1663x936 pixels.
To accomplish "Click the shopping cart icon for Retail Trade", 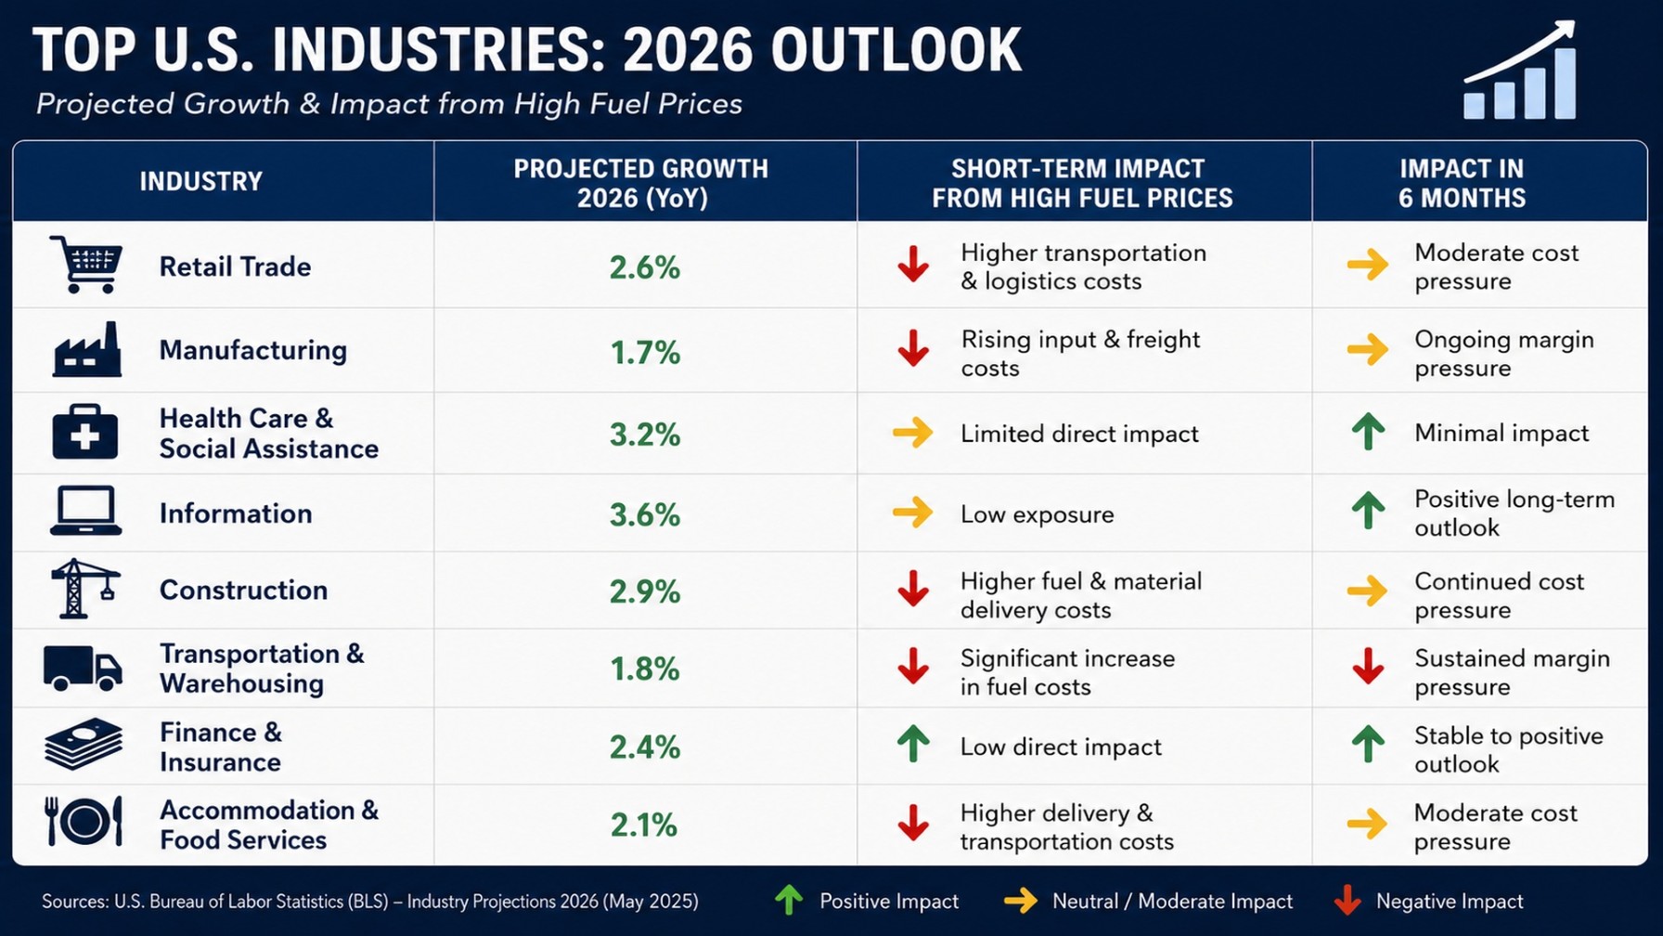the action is click(x=86, y=265).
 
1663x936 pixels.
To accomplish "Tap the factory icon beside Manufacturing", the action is click(x=87, y=349).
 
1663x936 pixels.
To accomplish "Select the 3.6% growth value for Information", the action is click(x=645, y=514).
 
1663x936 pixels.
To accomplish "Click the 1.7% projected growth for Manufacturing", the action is click(x=645, y=353).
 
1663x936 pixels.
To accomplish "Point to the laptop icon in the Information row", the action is click(x=85, y=511).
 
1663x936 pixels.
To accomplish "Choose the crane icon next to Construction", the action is click(x=85, y=589).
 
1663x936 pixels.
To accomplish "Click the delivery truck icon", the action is click(x=83, y=668).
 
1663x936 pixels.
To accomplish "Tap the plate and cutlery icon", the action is click(x=84, y=821).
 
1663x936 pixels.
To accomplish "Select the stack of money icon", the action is click(x=84, y=744).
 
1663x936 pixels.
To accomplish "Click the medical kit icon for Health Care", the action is click(x=85, y=432).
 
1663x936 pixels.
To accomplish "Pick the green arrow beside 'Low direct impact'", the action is click(x=913, y=744).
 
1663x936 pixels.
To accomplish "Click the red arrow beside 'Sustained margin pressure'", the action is click(x=1368, y=666).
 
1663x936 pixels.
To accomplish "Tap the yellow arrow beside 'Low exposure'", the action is click(x=913, y=512).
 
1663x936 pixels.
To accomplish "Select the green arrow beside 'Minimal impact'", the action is click(x=1368, y=432).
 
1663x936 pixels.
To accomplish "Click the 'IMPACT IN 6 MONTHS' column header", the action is click(x=1462, y=183).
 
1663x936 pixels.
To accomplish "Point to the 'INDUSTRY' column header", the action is click(x=201, y=181).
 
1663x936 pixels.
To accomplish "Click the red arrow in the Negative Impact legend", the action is click(x=1347, y=900).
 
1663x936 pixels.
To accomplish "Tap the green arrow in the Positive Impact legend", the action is click(x=789, y=900).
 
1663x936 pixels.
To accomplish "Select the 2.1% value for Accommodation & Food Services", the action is click(x=644, y=825).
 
